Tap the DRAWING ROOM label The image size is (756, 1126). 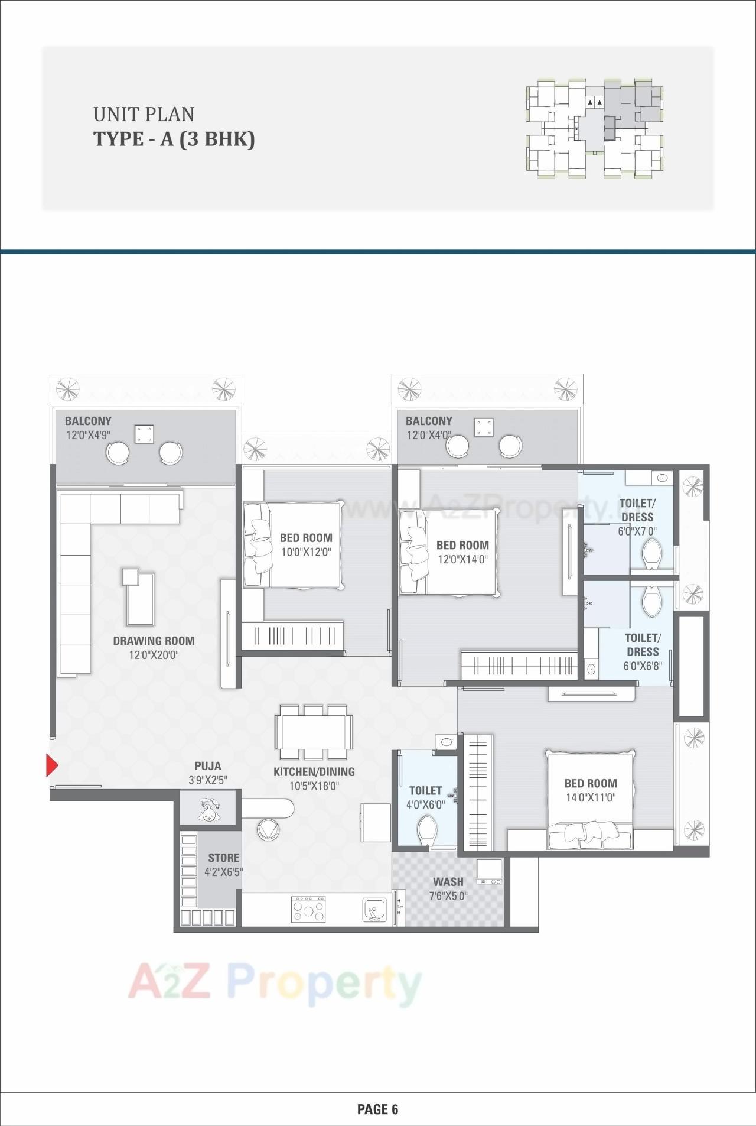(x=154, y=641)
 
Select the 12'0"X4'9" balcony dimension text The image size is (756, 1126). (x=89, y=436)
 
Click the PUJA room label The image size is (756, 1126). (x=208, y=766)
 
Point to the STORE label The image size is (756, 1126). (x=223, y=858)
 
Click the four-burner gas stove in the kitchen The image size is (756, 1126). (x=308, y=908)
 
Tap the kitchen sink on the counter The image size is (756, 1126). (x=374, y=909)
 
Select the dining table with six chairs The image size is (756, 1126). (x=313, y=732)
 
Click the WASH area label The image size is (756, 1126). (x=448, y=882)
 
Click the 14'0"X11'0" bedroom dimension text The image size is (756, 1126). (x=591, y=797)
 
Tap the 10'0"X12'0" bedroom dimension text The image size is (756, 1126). (x=306, y=552)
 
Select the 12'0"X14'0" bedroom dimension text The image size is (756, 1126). (x=462, y=559)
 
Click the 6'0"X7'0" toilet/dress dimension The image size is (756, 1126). (x=637, y=531)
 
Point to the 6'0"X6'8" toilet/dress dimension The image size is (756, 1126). (x=643, y=666)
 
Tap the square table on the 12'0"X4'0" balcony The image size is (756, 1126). (x=484, y=427)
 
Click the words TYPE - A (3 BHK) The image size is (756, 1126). (x=174, y=139)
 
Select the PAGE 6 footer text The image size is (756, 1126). (x=378, y=1109)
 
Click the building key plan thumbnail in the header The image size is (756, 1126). (x=594, y=128)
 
